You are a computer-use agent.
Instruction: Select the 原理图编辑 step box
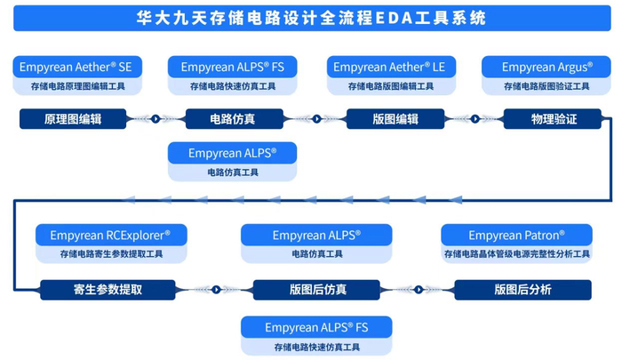click(73, 119)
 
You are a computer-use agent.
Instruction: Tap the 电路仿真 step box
click(234, 119)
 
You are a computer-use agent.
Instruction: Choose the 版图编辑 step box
click(395, 119)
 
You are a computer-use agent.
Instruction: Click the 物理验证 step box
click(554, 119)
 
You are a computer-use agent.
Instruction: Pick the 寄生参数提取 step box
click(108, 289)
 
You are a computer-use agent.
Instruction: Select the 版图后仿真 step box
click(317, 289)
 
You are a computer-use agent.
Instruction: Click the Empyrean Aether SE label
click(77, 67)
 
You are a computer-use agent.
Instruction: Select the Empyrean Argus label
click(546, 67)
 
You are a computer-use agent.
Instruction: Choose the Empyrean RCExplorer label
click(111, 236)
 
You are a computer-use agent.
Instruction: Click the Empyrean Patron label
click(516, 236)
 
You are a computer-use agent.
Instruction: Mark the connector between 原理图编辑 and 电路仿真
click(155, 118)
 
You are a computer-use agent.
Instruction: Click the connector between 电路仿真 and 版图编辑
click(315, 118)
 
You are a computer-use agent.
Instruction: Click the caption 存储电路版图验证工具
click(546, 86)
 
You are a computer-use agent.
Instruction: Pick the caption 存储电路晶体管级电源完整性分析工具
click(516, 254)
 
